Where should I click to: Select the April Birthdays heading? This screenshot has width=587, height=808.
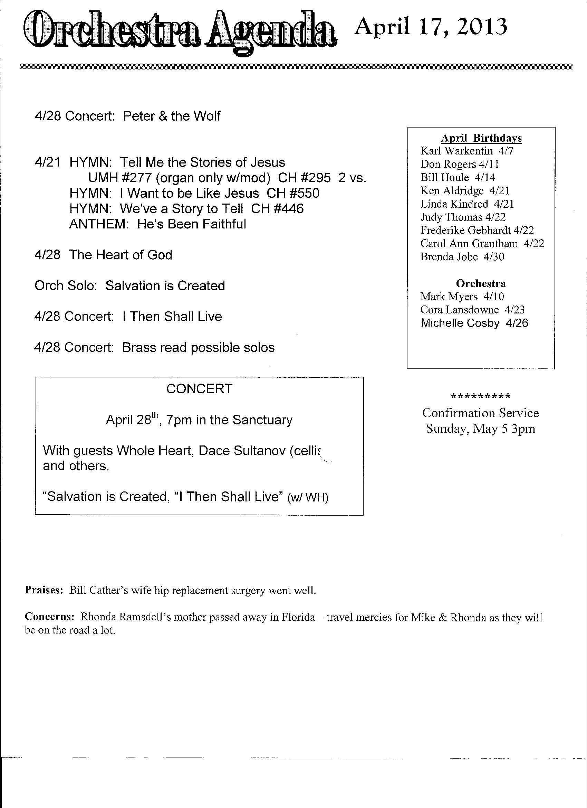(481, 138)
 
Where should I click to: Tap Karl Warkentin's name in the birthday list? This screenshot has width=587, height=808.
(456, 151)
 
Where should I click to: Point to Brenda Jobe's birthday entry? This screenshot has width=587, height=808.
(462, 257)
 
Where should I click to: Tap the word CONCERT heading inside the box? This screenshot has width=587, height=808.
(199, 389)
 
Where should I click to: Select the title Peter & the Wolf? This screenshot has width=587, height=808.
(172, 116)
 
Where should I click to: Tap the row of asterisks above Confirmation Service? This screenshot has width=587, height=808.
(481, 396)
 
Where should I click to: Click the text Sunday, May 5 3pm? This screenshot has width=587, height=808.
(481, 429)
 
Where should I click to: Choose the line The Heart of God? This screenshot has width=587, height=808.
(121, 255)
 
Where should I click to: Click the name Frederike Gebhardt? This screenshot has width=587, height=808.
(465, 231)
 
